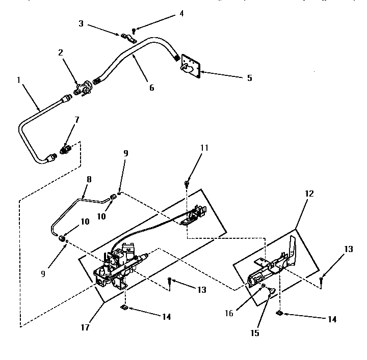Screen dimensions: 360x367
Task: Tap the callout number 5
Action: (x=249, y=78)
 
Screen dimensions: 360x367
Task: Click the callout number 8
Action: (x=89, y=180)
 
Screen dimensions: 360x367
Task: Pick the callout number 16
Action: (x=229, y=313)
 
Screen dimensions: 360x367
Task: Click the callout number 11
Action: (x=204, y=148)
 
